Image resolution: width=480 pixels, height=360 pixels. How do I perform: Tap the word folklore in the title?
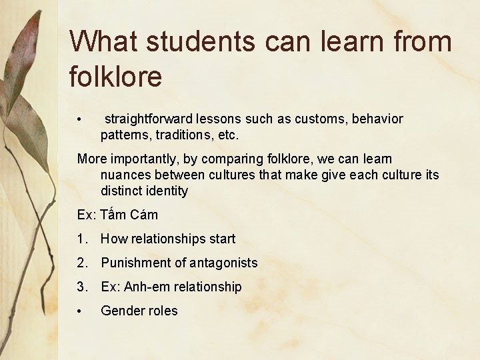point(115,77)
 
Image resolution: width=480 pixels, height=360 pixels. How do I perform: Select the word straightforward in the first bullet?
point(148,119)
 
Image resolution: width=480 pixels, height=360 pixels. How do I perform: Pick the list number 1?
point(81,239)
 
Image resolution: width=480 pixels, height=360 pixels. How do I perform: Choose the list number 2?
point(81,263)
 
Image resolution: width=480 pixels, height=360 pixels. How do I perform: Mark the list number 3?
point(81,287)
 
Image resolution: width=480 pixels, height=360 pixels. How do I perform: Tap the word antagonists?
point(222,263)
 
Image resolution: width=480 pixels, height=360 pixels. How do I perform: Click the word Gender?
point(121,311)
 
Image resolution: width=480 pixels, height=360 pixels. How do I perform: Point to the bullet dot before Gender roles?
point(79,311)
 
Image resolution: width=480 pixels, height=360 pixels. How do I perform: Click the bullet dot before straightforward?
point(79,120)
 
